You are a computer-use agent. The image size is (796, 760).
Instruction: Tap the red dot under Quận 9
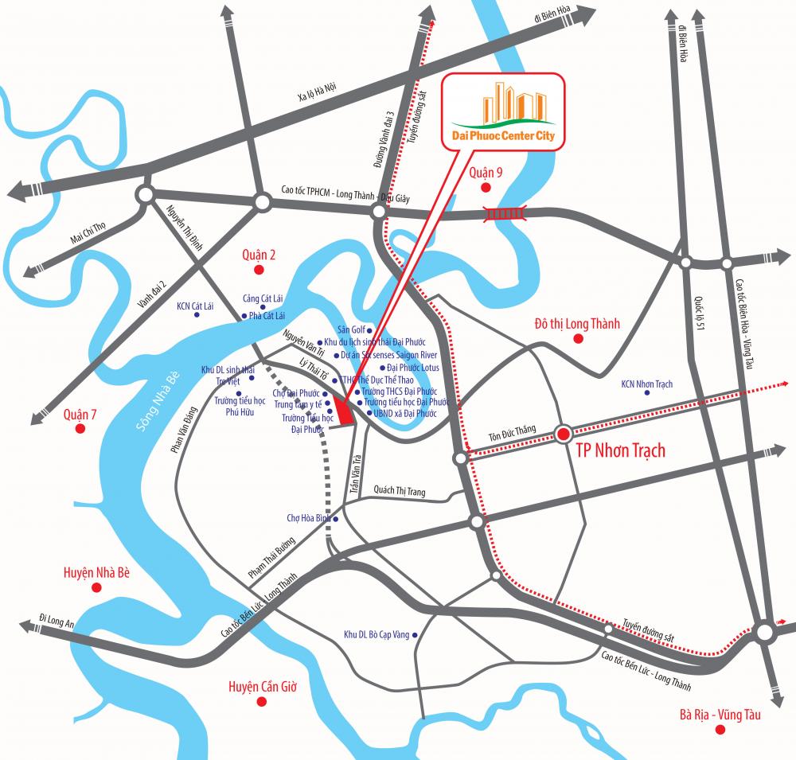(x=486, y=188)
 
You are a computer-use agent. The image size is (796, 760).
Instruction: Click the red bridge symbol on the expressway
(x=506, y=212)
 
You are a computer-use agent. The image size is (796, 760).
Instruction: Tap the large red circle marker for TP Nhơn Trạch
(x=564, y=435)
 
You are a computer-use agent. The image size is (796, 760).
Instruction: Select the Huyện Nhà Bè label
(x=96, y=572)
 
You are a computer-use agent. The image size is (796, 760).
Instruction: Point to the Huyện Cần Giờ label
(x=262, y=685)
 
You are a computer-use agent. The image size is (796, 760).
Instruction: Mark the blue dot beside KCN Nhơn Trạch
(x=648, y=393)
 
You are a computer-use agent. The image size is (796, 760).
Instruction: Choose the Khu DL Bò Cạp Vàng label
(x=376, y=634)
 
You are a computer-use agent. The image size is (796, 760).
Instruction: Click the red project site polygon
(x=344, y=412)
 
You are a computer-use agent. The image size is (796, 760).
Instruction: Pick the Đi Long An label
(x=57, y=621)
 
